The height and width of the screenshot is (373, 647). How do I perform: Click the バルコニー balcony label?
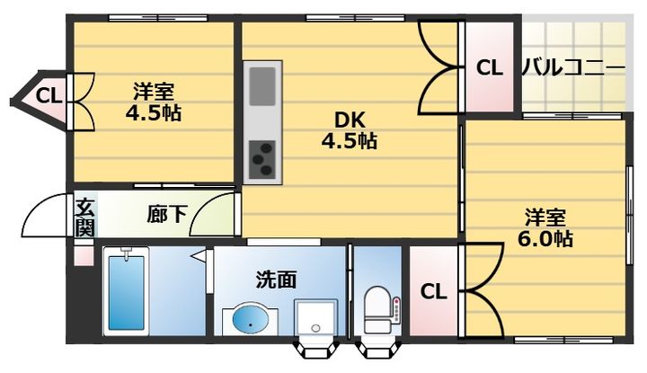573,67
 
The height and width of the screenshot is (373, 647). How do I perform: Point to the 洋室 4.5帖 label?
154,102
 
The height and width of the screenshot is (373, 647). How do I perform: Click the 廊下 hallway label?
167,214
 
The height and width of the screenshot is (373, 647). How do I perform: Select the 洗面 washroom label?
276,280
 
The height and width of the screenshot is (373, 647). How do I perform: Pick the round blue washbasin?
251,319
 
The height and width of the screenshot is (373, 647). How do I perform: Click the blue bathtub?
127,293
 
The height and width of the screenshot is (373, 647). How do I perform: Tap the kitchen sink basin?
262,85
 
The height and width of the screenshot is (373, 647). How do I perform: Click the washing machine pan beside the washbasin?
316,316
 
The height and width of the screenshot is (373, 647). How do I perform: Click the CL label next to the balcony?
489,67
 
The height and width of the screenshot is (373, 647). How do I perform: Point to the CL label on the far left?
49,94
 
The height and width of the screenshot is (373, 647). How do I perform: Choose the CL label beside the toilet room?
433,291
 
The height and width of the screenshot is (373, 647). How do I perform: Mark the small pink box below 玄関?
83,253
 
